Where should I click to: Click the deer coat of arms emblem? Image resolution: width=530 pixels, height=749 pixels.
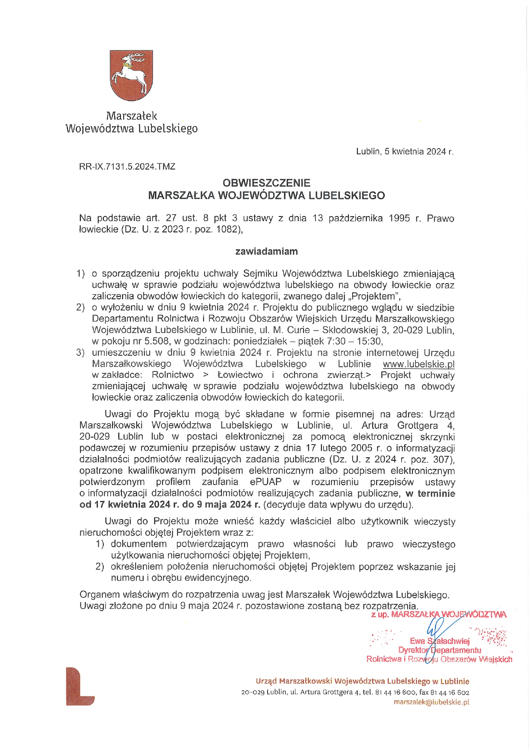point(131,75)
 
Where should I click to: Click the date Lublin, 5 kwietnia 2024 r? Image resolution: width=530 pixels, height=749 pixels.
point(404,152)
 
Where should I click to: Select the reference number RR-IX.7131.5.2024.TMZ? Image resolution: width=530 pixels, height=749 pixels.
point(127,167)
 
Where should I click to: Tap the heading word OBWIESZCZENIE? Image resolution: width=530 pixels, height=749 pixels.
point(266,183)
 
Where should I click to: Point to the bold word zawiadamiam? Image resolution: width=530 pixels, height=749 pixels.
point(266,252)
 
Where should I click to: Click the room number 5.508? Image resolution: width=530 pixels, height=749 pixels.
point(156,341)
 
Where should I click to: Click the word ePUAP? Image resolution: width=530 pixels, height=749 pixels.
point(266,482)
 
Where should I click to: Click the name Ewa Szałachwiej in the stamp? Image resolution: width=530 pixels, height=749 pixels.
point(439,641)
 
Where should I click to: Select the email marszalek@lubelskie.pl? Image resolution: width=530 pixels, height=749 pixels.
point(431,702)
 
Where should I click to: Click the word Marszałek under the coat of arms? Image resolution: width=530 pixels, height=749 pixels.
point(131,116)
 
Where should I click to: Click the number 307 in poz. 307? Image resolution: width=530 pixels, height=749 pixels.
point(441,459)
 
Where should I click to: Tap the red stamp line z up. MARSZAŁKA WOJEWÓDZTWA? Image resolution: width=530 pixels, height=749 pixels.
point(439,614)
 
